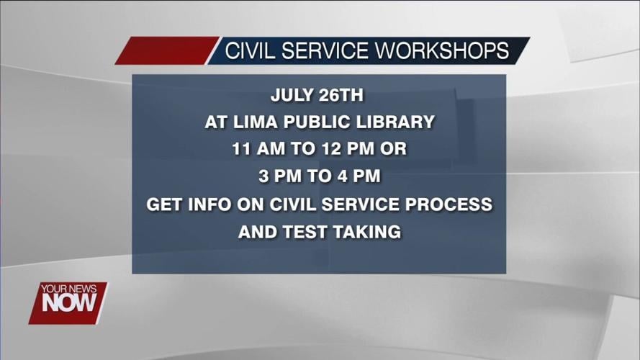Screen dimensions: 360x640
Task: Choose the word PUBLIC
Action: tap(308, 122)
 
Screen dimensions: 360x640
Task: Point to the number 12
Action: tap(328, 149)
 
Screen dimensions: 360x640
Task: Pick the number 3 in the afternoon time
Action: tap(263, 177)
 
